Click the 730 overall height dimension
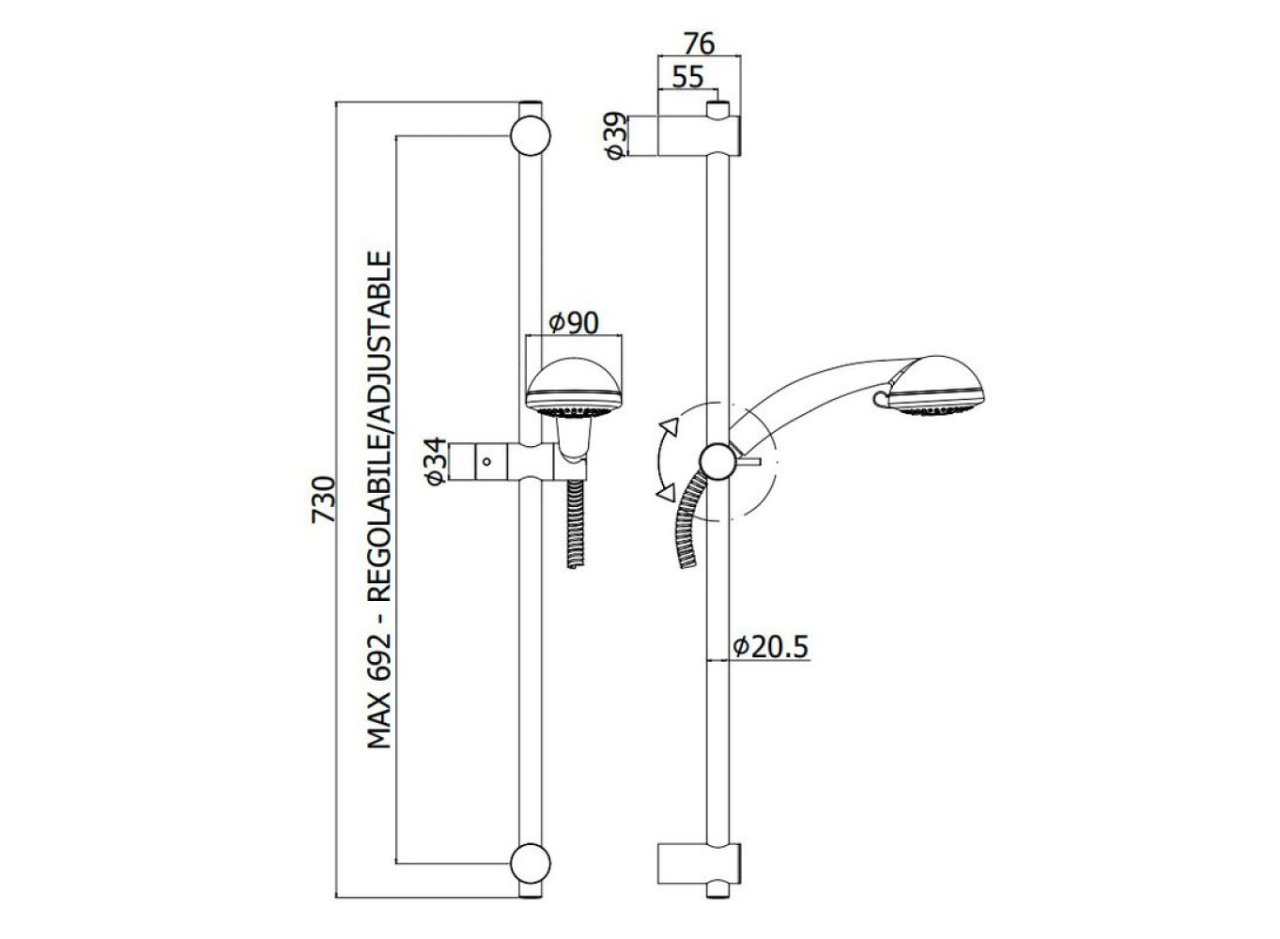(323, 499)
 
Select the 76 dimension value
(700, 43)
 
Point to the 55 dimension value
(687, 77)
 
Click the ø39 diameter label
(615, 135)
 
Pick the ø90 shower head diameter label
(573, 323)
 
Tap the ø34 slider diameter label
(436, 461)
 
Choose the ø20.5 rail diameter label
(771, 647)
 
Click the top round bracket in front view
(530, 136)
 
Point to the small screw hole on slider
(486, 461)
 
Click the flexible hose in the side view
(688, 520)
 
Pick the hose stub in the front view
(576, 524)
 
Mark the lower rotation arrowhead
(666, 493)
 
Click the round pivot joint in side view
(717, 461)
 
